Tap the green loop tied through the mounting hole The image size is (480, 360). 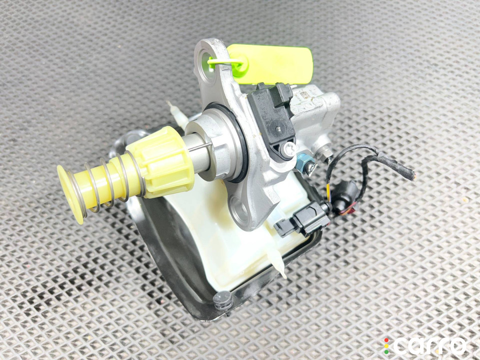[x=225, y=63]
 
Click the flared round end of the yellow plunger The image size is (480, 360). [x=70, y=194]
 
